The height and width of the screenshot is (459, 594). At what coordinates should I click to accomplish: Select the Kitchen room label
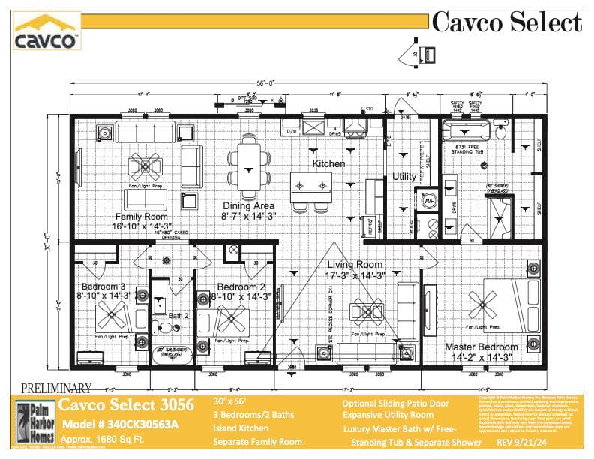click(328, 163)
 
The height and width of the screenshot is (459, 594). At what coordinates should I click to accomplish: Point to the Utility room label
click(404, 177)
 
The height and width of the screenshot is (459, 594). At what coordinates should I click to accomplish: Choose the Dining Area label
click(248, 205)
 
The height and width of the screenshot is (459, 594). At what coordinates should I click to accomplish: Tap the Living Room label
click(355, 265)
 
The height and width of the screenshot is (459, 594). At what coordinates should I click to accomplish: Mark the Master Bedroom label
click(481, 347)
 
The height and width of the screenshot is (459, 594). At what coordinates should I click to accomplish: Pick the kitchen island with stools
click(311, 185)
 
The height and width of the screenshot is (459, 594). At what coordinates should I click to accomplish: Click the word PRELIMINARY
click(56, 388)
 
